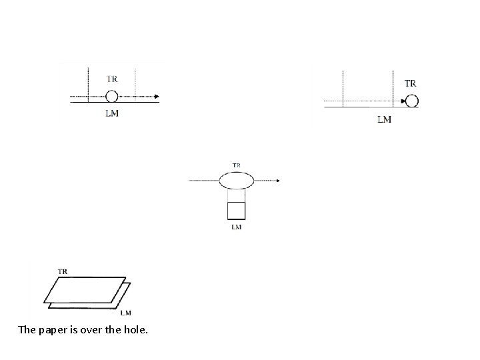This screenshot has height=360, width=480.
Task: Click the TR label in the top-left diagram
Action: (112, 79)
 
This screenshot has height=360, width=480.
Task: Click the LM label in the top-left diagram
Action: (112, 113)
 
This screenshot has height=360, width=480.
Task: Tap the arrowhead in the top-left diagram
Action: (157, 97)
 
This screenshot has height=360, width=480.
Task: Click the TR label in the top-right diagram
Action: (410, 83)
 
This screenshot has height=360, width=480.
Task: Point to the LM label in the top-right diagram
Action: (384, 119)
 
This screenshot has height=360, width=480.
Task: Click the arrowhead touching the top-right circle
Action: (403, 101)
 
